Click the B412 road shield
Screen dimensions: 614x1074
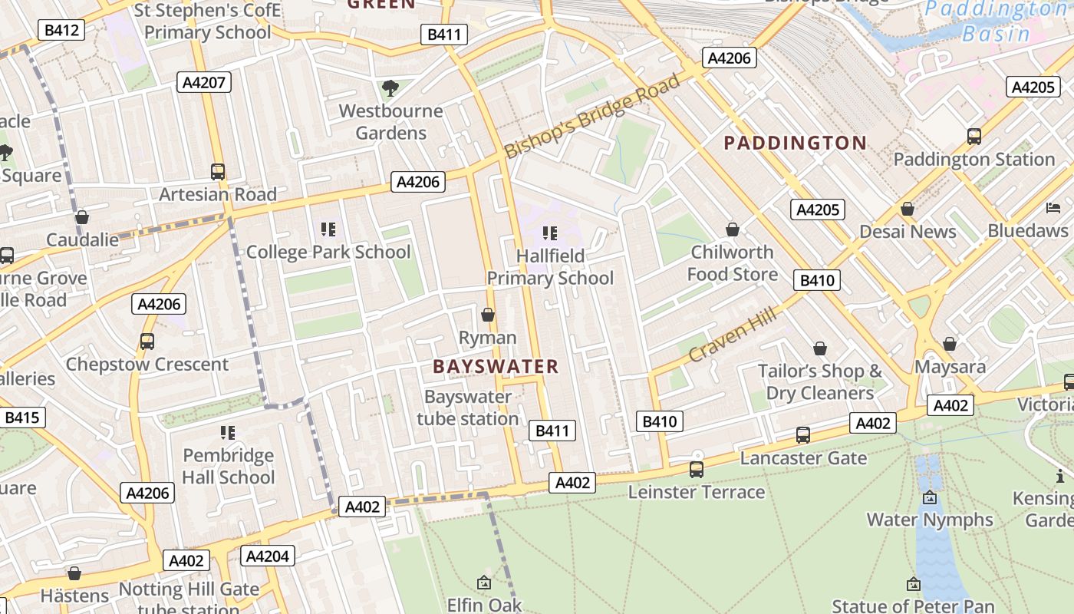tap(61, 30)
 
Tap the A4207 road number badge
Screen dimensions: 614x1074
tap(204, 82)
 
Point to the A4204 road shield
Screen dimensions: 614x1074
tap(268, 556)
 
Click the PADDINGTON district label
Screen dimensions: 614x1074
tap(796, 143)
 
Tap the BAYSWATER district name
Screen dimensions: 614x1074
tap(496, 366)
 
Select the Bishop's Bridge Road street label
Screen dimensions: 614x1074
tap(592, 116)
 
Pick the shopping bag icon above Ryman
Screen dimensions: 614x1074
tap(487, 315)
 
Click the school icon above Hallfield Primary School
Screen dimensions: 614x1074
tap(549, 233)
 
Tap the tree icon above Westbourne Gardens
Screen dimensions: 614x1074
tap(390, 88)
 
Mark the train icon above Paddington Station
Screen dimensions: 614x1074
tap(974, 137)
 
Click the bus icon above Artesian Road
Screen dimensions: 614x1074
tap(218, 172)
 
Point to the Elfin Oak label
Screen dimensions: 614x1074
tap(484, 605)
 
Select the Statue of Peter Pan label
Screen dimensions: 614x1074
tap(912, 606)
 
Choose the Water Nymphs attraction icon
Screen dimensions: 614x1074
tap(930, 497)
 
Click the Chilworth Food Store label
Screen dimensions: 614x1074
tap(732, 263)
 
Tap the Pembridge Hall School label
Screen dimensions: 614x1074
tap(228, 466)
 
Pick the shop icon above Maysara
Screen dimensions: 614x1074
tap(950, 344)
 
